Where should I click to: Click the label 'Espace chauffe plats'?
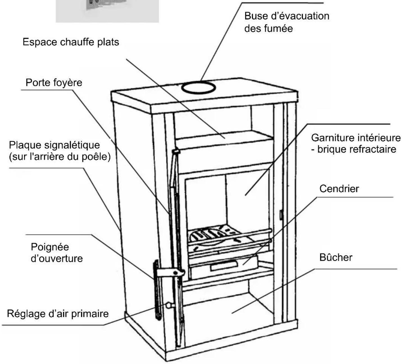tap(71, 42)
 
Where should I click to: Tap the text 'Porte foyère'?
tap(54, 83)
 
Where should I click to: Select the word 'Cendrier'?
tap(339, 189)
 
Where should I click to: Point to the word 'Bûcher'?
tap(336, 257)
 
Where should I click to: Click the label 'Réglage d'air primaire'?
tap(58, 313)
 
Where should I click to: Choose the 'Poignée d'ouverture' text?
tap(56, 252)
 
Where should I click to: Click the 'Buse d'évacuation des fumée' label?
tap(287, 22)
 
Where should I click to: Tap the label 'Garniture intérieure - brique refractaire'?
tap(355, 143)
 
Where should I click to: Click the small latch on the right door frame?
tap(280, 215)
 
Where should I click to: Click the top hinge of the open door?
tap(176, 152)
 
